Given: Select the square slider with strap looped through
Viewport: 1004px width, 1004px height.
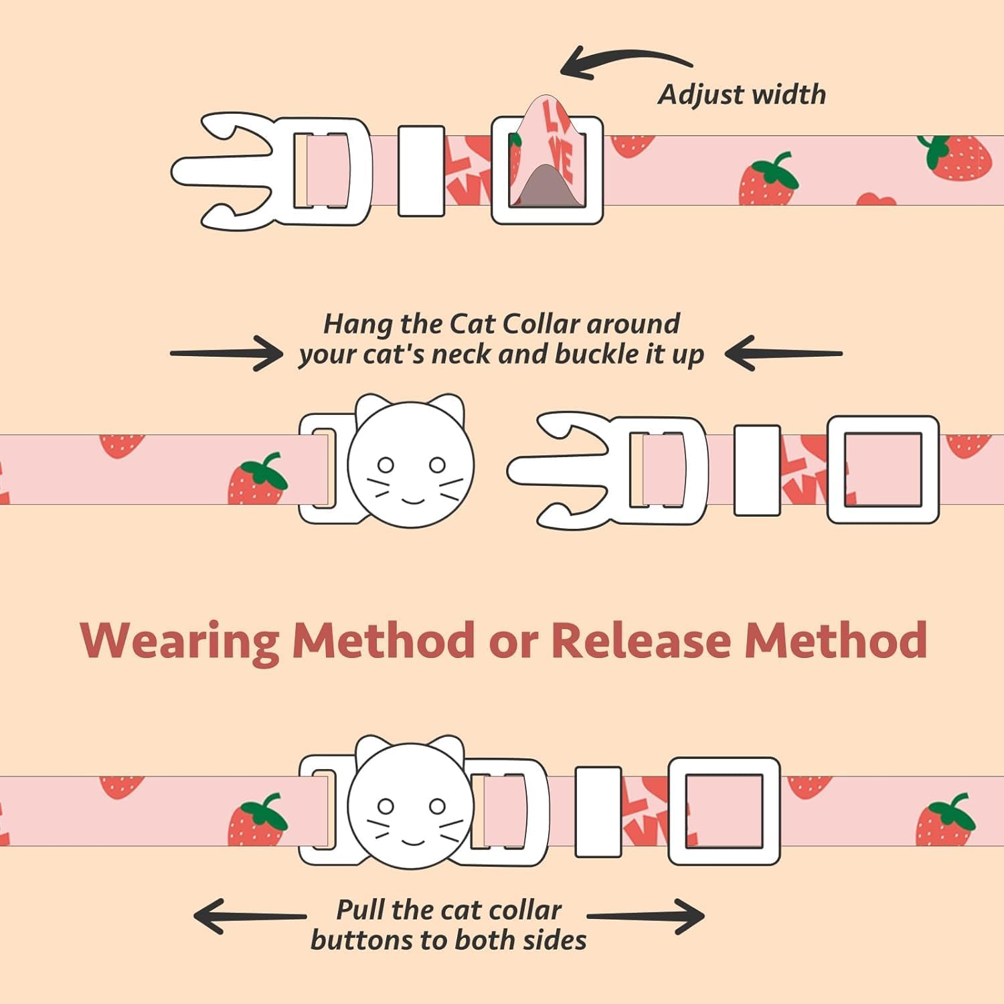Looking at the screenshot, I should (548, 170).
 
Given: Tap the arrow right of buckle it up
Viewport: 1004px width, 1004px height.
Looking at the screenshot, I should (783, 353).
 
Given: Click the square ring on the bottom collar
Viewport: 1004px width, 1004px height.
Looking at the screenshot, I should (724, 811).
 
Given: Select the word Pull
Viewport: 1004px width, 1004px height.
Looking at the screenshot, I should (360, 910).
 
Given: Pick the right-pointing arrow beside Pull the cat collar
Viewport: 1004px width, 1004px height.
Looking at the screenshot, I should (647, 916).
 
